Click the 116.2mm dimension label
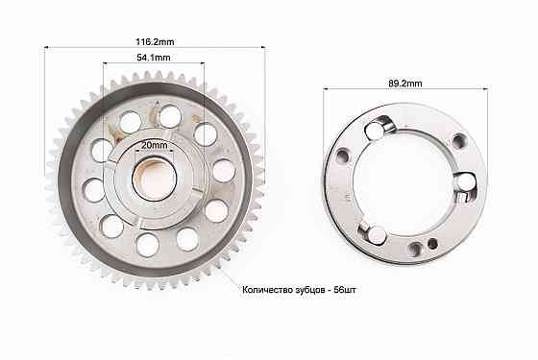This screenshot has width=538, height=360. pos(155,42)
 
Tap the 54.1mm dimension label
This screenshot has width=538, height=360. pos(154,58)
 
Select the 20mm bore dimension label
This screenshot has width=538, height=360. pos(155,145)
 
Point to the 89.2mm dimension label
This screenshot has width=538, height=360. pos(405,84)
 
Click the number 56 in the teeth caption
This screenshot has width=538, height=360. pos(338,290)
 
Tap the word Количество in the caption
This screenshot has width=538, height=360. pos(267,290)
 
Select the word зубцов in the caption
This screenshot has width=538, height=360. pos(309,290)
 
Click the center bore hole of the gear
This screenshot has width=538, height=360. pos(155,179)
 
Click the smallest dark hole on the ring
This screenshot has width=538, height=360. pos(433,244)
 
